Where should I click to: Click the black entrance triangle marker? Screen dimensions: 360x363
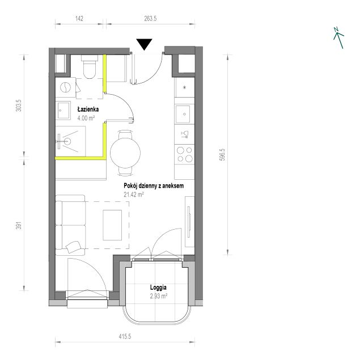144,44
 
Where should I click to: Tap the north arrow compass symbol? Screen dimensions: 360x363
338,38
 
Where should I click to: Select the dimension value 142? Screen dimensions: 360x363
79,19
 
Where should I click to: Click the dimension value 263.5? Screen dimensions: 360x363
150,19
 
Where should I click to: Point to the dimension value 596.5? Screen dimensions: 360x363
222,155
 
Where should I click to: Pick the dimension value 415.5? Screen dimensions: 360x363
125,336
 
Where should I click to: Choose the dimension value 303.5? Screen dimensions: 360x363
19,105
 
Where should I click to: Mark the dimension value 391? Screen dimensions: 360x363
19,226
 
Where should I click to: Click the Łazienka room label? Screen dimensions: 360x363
88,109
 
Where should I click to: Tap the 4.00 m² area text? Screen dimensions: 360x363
86,118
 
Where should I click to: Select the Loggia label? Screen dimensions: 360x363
158,288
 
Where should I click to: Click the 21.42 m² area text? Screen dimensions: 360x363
134,195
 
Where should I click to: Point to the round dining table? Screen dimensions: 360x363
125,153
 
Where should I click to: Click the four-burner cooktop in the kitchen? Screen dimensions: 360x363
184,154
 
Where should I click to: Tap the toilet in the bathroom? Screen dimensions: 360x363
90,67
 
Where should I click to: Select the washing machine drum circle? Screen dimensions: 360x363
65,87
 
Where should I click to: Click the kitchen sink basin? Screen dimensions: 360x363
183,114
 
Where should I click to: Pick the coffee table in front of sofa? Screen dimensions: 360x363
112,225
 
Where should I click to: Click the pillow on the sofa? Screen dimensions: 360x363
73,247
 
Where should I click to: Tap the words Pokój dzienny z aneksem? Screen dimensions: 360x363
154,185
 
